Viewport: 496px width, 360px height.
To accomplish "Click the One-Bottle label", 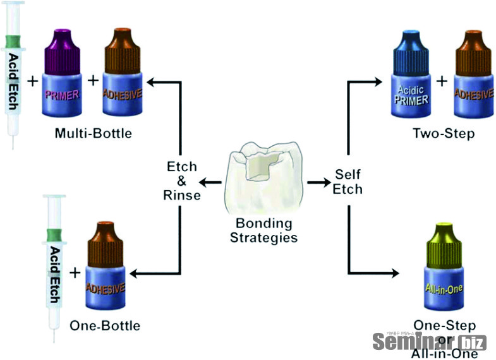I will (x=106, y=326).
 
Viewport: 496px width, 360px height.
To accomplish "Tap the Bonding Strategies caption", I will (x=263, y=230).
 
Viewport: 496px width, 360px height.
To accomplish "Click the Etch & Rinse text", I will (x=181, y=181).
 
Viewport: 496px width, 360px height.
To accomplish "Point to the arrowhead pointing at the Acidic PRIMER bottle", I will (x=378, y=81).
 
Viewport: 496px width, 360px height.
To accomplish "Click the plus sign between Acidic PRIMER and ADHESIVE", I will (x=442, y=81).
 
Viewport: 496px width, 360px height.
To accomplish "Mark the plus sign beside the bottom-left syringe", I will (x=75, y=273).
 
